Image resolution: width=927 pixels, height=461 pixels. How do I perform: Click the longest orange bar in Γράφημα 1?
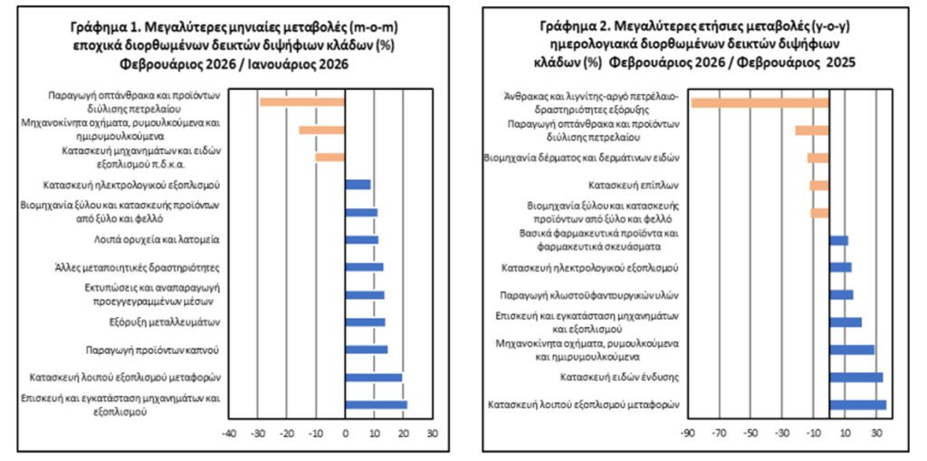pyautogui.click(x=302, y=101)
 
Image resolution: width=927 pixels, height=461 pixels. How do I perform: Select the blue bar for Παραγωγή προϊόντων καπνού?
pyautogui.click(x=367, y=350)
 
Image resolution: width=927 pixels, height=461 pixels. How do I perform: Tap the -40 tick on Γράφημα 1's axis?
pyautogui.click(x=229, y=433)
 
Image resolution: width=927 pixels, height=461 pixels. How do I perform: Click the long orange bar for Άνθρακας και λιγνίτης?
pyautogui.click(x=760, y=102)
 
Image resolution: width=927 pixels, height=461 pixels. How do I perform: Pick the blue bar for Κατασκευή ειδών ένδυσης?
pyautogui.click(x=855, y=377)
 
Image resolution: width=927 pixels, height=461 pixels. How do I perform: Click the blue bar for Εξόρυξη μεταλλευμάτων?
pyautogui.click(x=365, y=322)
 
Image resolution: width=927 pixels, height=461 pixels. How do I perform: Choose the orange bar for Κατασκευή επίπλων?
pyautogui.click(x=819, y=186)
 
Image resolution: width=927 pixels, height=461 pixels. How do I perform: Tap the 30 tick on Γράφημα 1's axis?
pyautogui.click(x=432, y=433)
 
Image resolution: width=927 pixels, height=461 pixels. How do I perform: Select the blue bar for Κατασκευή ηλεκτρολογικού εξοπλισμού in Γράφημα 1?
pyautogui.click(x=358, y=185)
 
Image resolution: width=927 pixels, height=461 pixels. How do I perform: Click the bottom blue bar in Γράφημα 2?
pyautogui.click(x=857, y=405)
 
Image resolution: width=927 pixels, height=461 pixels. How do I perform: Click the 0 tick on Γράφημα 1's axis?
pyautogui.click(x=345, y=433)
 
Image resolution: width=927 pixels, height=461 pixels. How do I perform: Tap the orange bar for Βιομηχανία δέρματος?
pyautogui.click(x=818, y=158)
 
